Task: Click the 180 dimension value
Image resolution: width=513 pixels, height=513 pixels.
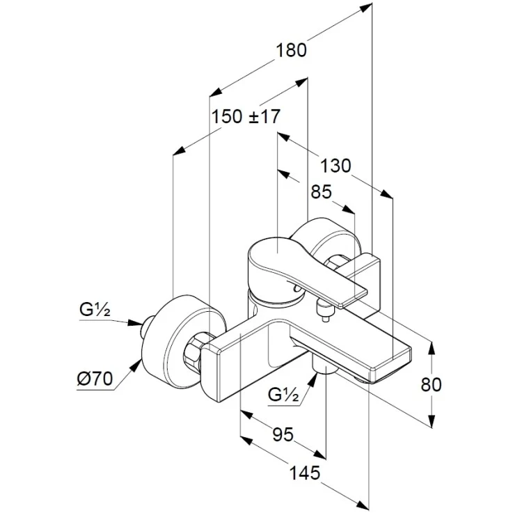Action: click(292, 51)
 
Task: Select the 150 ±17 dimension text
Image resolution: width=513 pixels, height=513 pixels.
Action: click(246, 116)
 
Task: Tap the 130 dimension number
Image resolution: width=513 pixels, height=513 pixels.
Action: click(335, 166)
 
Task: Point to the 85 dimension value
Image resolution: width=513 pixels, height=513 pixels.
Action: click(322, 191)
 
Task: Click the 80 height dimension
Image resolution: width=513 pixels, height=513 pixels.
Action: click(431, 384)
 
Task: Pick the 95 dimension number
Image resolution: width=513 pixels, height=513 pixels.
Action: click(283, 435)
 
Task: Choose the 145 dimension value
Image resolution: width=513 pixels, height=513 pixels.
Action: click(305, 473)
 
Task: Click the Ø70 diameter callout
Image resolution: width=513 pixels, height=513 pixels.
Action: click(95, 379)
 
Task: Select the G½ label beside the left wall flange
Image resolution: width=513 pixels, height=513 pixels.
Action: click(95, 310)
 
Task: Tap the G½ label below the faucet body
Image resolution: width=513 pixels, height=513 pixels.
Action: click(283, 395)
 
